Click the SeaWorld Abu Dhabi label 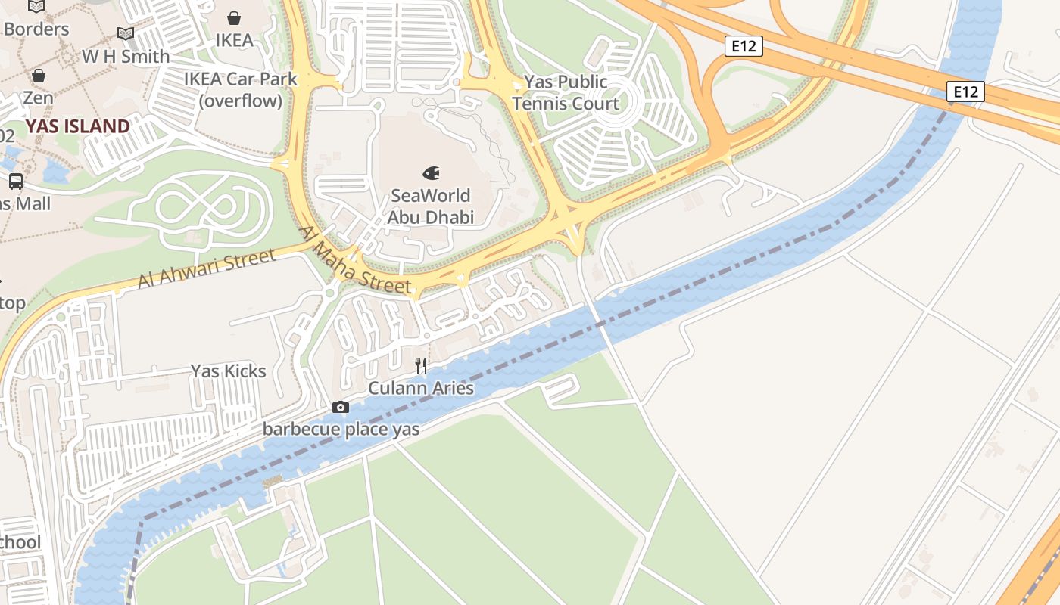(431, 206)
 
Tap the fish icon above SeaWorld (432, 173)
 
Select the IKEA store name (234, 40)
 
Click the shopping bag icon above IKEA (234, 17)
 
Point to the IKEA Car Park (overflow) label (241, 89)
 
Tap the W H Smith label (126, 56)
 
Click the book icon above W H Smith (126, 34)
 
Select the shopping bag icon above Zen (38, 76)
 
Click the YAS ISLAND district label (78, 126)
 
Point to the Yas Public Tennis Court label (565, 92)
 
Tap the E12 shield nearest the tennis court (743, 47)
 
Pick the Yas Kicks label (228, 371)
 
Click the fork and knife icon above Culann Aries (421, 366)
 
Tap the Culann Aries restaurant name (421, 388)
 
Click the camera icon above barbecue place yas (341, 408)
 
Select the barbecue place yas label (341, 430)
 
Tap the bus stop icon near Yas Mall (15, 181)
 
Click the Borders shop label (36, 29)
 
